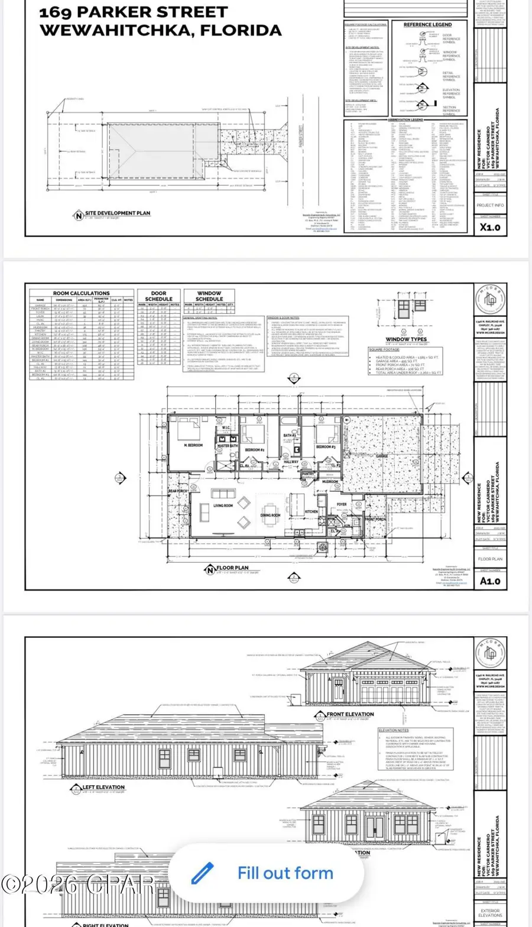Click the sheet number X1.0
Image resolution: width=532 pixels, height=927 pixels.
(490, 226)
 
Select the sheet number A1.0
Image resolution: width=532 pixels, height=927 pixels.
(490, 581)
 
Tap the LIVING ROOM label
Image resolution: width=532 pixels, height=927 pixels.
(223, 506)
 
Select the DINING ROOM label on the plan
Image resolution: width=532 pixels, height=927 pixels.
(270, 515)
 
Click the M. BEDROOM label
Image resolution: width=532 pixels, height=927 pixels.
(195, 445)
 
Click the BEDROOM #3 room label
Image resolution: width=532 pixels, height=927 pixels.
(326, 447)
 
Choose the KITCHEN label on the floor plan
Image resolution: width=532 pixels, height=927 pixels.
(311, 511)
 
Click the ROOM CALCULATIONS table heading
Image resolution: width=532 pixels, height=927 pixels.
(82, 293)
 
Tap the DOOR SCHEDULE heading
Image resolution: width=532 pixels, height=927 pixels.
(158, 296)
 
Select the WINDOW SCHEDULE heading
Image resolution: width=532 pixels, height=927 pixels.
(209, 296)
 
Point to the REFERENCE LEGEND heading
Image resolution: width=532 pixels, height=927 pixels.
(427, 25)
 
